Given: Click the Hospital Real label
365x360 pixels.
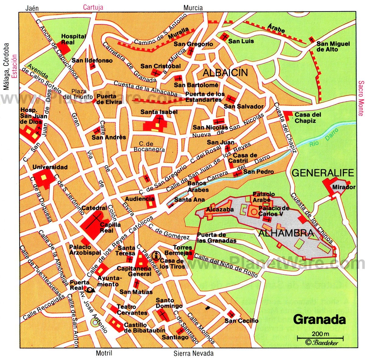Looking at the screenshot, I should [73, 39].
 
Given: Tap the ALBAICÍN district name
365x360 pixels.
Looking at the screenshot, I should [225, 72].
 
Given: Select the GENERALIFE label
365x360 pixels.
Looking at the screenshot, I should [323, 173].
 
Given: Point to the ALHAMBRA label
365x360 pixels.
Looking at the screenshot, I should [286, 233].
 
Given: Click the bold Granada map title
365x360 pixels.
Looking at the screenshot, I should [319, 320].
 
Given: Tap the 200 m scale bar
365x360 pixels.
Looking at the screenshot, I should [320, 337].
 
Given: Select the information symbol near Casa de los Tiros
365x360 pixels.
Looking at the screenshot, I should [157, 256].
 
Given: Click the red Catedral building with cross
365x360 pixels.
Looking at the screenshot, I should [94, 224].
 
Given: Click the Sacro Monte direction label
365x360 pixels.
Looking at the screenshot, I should [361, 98].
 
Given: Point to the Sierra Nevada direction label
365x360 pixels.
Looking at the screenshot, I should [193, 353].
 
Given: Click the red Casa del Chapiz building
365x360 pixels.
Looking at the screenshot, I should [288, 115].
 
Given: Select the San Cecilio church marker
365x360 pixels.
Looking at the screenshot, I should [232, 314].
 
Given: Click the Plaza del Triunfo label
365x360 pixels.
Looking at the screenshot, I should [82, 94].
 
